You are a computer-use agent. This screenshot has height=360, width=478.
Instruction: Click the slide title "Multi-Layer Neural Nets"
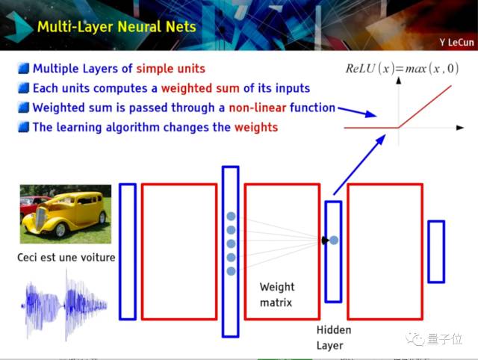click(x=117, y=27)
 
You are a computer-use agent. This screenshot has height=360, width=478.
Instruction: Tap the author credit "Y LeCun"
click(x=456, y=43)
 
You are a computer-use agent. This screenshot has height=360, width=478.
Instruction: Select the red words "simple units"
click(x=171, y=69)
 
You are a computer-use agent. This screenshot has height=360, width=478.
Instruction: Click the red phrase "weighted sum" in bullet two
click(x=200, y=88)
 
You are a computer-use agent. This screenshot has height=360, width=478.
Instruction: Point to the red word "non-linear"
click(x=258, y=108)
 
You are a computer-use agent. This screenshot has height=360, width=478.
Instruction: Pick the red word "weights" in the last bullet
click(x=256, y=128)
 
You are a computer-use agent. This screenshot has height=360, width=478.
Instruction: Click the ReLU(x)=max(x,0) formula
click(x=402, y=68)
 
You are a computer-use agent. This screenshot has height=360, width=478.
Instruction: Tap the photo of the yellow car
click(x=66, y=214)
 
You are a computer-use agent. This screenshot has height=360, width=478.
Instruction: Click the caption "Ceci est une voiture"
click(x=66, y=258)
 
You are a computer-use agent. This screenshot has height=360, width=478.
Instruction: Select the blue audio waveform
click(x=65, y=305)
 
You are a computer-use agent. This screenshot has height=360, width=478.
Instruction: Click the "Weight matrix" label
click(x=277, y=294)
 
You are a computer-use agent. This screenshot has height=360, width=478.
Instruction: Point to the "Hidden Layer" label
click(x=334, y=338)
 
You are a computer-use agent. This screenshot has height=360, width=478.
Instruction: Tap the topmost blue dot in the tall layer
click(x=231, y=216)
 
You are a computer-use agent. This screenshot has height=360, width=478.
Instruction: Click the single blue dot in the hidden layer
click(x=334, y=240)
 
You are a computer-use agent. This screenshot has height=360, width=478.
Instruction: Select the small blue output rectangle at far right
click(x=436, y=252)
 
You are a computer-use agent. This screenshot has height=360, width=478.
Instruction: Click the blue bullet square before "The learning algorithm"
click(x=23, y=127)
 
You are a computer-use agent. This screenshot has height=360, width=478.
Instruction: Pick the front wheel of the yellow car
click(x=60, y=230)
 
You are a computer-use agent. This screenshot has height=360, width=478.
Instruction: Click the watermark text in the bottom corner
click(x=434, y=338)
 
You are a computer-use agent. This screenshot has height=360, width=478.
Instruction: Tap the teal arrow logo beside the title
click(x=18, y=27)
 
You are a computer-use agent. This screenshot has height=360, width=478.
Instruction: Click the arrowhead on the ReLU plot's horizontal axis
click(x=460, y=128)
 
